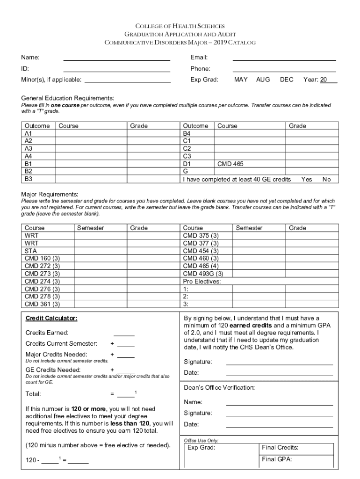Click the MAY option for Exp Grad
click(x=241, y=80)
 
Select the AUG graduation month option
click(x=263, y=80)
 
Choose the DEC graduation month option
click(x=287, y=80)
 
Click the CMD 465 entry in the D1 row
click(x=230, y=164)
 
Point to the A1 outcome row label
click(x=29, y=134)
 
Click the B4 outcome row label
click(x=187, y=134)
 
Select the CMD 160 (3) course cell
click(x=42, y=258)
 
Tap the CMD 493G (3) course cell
click(x=203, y=274)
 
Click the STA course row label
click(x=30, y=251)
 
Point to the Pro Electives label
click(x=202, y=281)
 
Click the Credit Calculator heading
click(x=51, y=319)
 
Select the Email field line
click(x=284, y=58)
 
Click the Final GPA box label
click(x=277, y=459)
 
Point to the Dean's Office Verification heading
click(x=219, y=388)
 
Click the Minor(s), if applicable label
click(x=51, y=80)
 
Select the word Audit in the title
click(x=227, y=35)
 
